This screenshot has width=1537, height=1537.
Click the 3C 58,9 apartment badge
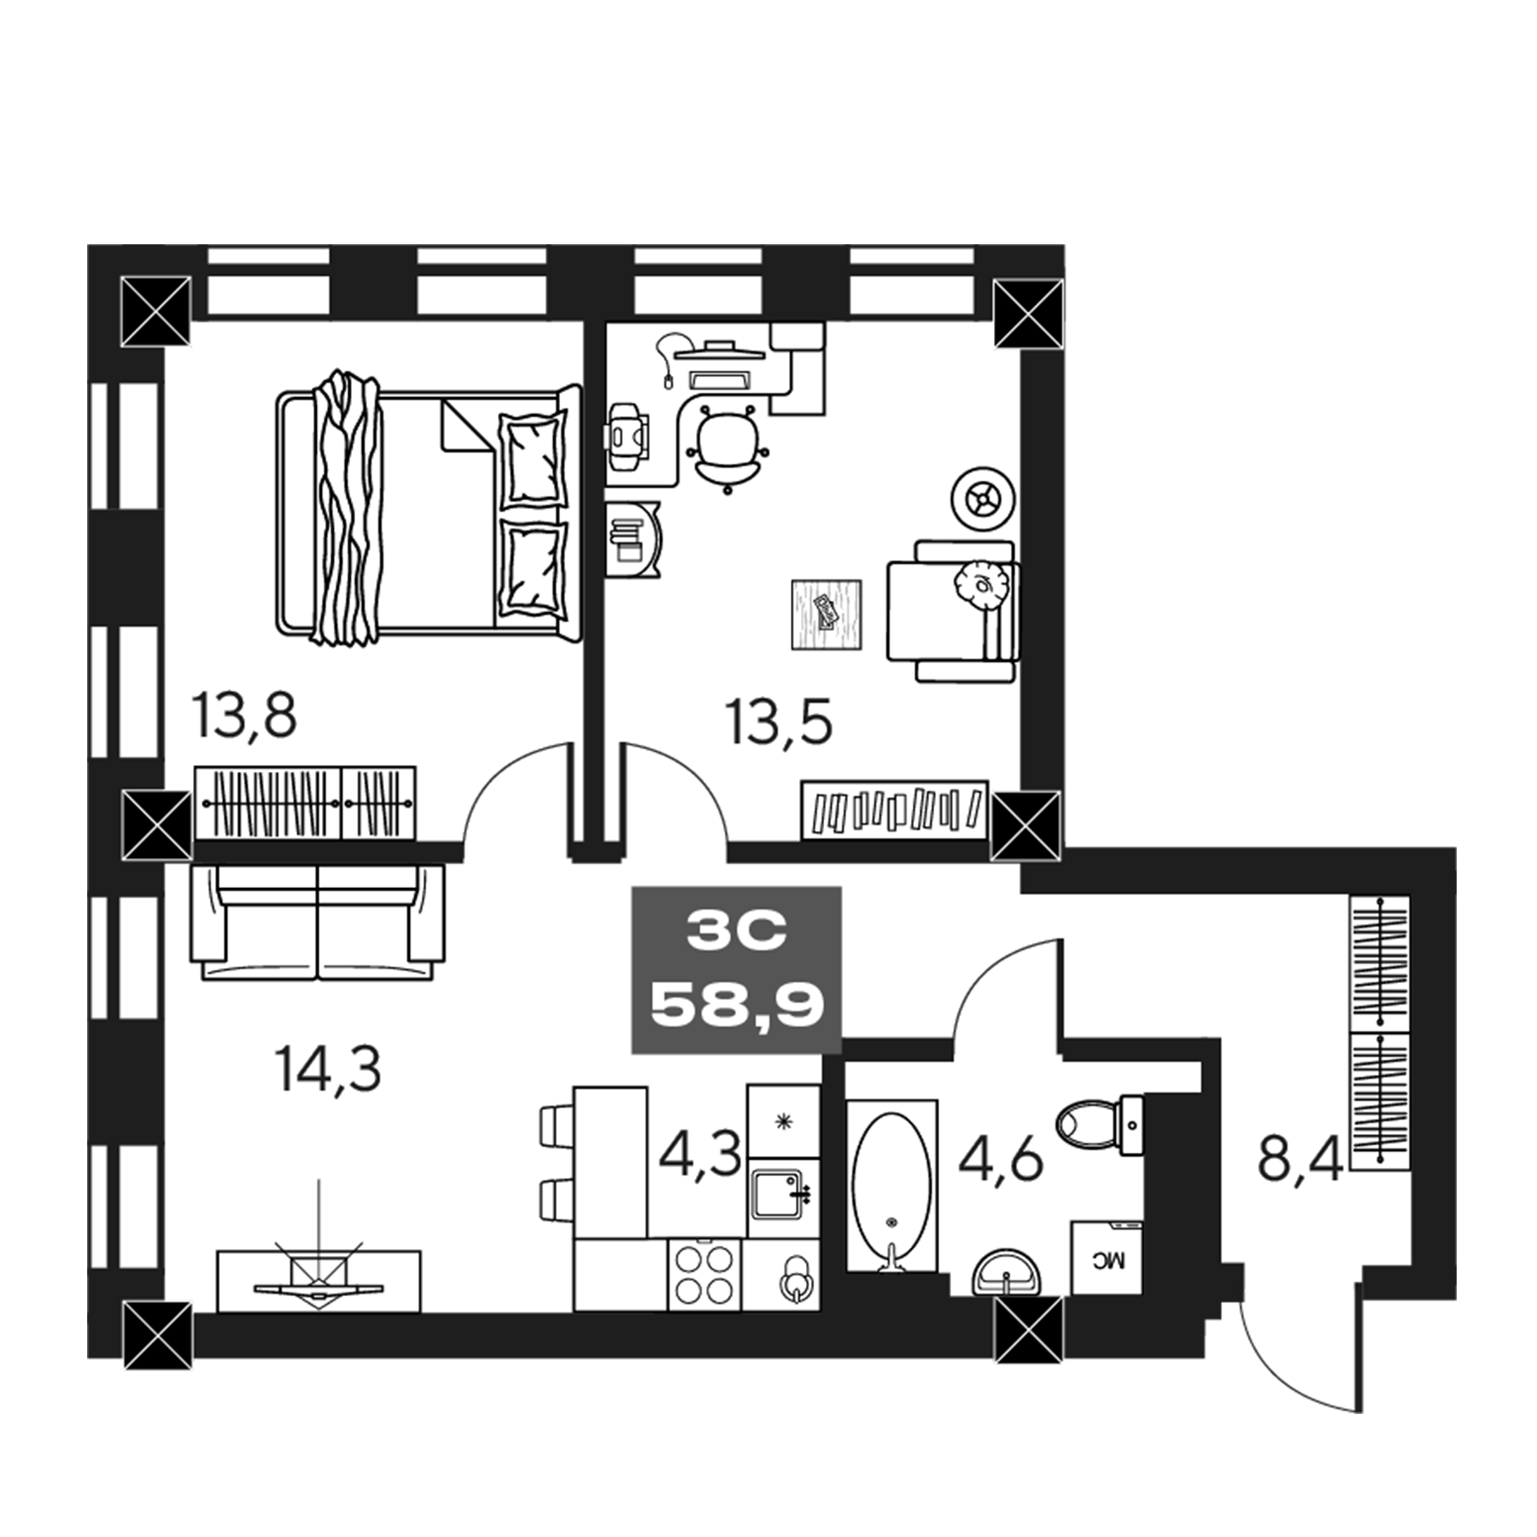736,969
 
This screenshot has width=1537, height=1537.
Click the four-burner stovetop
704,1274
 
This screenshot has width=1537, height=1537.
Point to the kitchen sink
778,1195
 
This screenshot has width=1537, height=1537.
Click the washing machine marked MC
1107,1260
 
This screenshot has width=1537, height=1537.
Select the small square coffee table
826,615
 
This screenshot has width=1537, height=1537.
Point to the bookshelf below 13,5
894,809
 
